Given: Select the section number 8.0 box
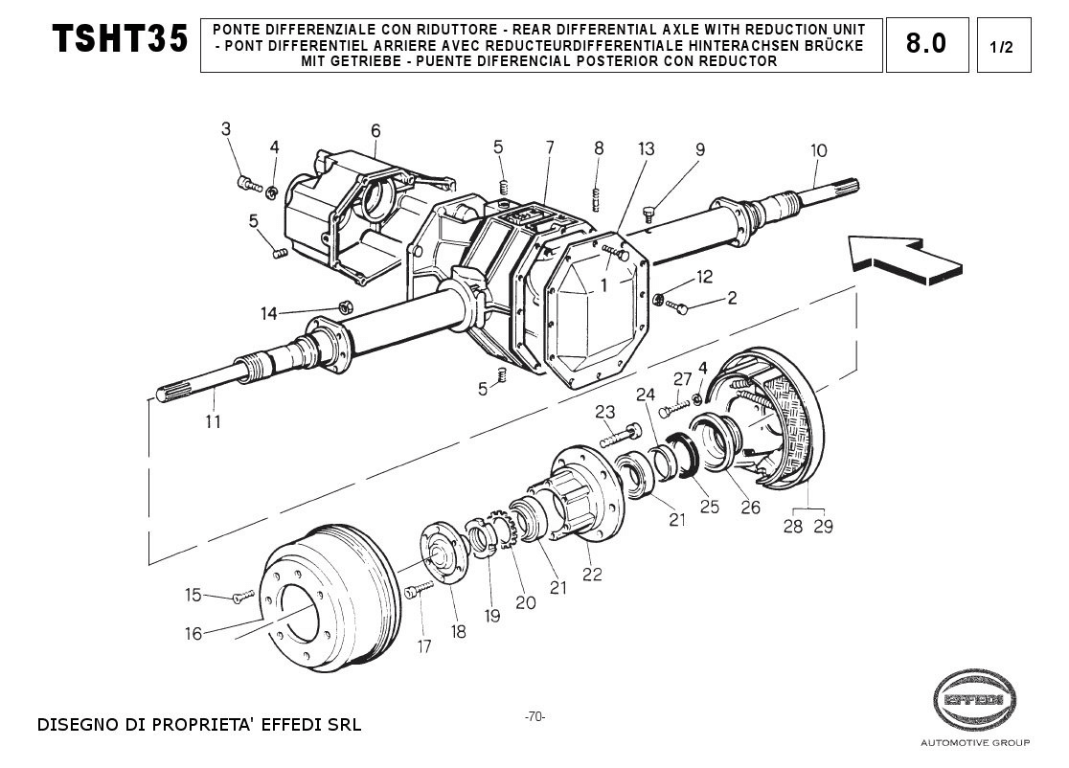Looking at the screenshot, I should (926, 44).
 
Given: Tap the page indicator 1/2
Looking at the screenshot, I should (1002, 47).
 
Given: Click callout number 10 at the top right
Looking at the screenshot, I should (818, 150).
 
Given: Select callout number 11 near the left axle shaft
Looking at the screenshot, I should (212, 420).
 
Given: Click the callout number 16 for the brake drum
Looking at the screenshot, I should (193, 633).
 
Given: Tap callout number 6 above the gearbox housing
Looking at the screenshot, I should (375, 130).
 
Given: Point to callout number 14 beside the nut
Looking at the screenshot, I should (269, 313).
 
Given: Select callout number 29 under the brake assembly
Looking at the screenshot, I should (823, 526).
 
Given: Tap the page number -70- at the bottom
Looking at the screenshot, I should (534, 717).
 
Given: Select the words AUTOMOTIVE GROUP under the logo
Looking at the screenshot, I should (974, 743).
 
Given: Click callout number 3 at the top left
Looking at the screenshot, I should (226, 128).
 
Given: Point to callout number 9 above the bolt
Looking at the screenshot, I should (700, 149).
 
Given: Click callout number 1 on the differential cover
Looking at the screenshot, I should (604, 285).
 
